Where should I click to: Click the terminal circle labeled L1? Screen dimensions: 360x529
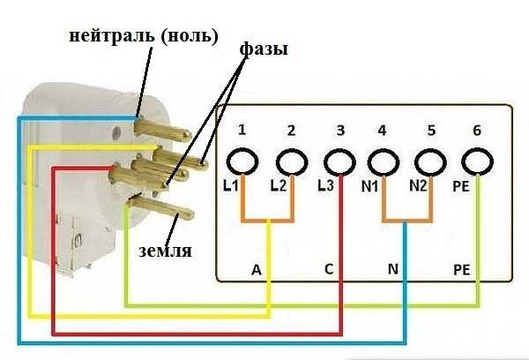(241, 162)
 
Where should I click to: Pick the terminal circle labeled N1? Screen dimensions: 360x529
(383, 162)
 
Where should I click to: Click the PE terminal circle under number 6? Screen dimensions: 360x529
(477, 162)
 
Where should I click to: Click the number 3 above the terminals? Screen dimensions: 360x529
(339, 131)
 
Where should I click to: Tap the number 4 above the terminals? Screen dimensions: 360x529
(382, 131)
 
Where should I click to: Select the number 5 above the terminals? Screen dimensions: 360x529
(431, 131)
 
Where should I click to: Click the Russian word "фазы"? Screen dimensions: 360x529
(263, 51)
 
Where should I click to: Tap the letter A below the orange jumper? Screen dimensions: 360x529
(256, 267)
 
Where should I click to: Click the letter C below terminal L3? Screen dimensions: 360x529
(329, 267)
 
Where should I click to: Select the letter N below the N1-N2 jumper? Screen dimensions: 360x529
(393, 267)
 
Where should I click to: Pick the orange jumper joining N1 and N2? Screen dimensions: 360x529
(406, 220)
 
